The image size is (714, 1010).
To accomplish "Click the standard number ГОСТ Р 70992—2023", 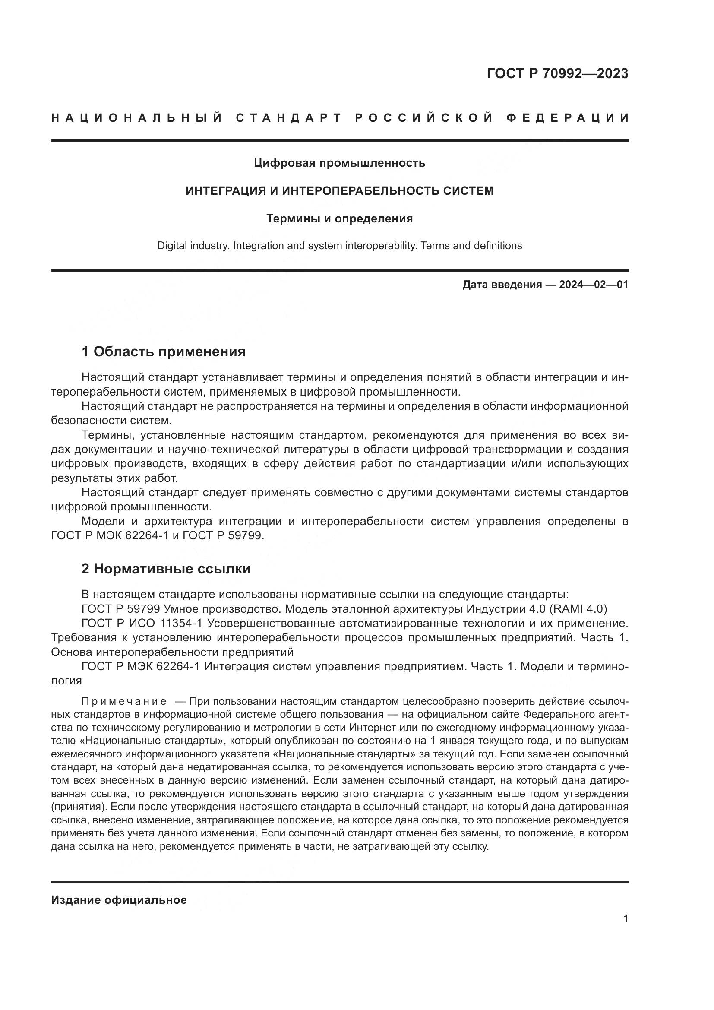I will (x=557, y=73).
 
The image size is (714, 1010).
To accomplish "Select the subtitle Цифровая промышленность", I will (x=339, y=163).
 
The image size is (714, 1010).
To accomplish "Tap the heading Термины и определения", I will (x=339, y=218).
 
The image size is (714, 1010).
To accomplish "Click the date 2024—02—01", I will (x=593, y=285).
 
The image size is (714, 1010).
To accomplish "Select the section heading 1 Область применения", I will (x=163, y=352).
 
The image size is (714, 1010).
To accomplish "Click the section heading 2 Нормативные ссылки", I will (x=166, y=569).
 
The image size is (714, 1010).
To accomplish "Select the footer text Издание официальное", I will (x=119, y=900).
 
